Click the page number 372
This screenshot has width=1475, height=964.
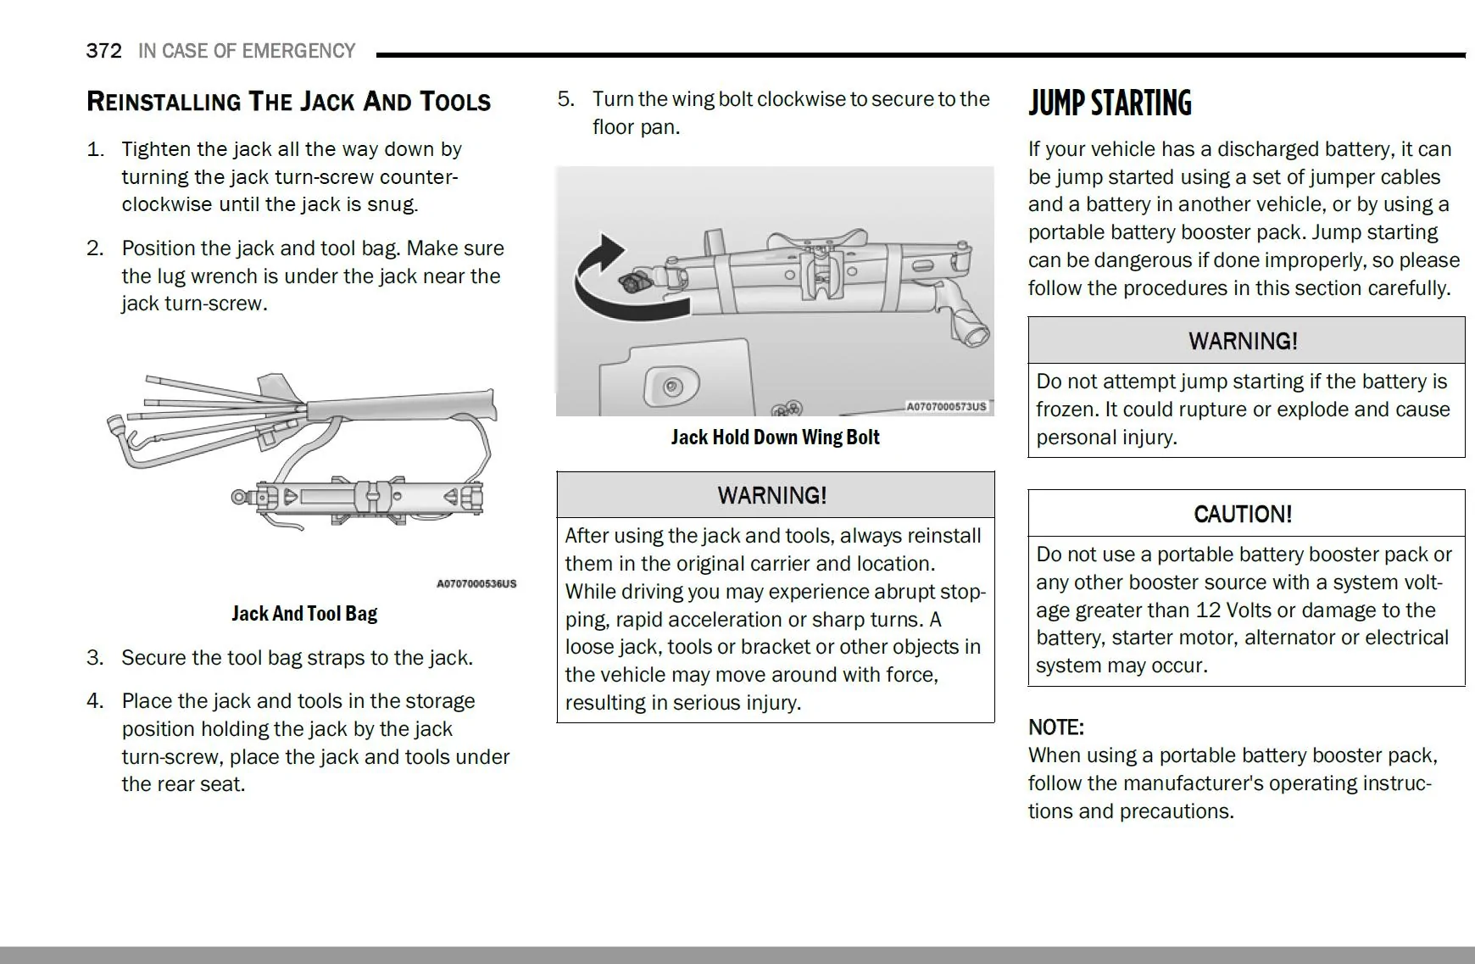(103, 51)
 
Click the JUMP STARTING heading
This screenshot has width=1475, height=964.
(1110, 103)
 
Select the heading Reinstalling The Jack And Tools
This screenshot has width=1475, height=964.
(288, 102)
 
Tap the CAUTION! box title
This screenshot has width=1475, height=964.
(1243, 514)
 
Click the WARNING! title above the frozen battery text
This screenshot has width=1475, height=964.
(1243, 341)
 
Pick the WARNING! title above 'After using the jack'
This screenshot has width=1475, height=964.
(772, 495)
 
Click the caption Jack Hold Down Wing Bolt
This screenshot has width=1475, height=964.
(775, 437)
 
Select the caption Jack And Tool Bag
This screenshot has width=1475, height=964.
(304, 613)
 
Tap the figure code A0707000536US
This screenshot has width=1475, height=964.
(476, 583)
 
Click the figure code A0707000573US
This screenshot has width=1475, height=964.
(947, 407)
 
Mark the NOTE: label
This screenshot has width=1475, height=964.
(1055, 727)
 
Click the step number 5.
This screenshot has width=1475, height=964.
(565, 99)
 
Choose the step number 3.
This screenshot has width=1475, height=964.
(95, 658)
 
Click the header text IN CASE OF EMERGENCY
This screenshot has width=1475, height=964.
(247, 51)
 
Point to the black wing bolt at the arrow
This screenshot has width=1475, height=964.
(631, 283)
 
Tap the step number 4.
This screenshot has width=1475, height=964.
(95, 701)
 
